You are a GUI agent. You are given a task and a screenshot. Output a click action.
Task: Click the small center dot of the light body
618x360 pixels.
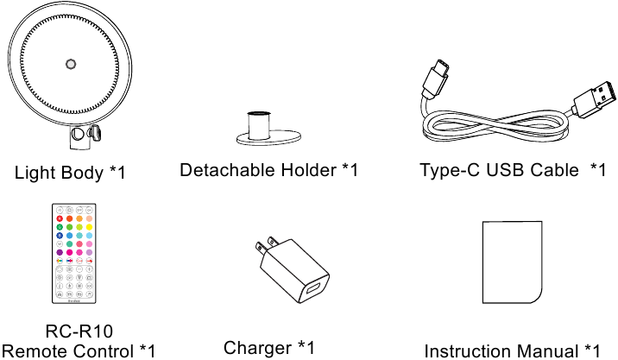[x=71, y=64]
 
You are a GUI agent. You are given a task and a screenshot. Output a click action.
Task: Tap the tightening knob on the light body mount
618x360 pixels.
[x=95, y=133]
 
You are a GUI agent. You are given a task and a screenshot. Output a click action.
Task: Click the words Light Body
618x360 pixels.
[x=59, y=173]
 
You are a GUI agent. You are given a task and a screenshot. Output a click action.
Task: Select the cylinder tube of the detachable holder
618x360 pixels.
[x=259, y=125]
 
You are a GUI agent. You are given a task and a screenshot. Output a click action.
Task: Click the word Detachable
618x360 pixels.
[x=228, y=170]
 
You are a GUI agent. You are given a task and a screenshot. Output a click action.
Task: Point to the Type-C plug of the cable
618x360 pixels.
[x=436, y=79]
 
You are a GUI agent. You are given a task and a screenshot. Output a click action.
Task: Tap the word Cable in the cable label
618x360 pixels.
[x=554, y=170]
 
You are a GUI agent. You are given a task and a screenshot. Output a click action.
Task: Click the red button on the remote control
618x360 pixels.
[x=60, y=218]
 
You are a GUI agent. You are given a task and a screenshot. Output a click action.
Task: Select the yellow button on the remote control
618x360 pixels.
[x=90, y=227]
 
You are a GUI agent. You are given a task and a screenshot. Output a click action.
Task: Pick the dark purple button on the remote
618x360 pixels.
[x=60, y=252]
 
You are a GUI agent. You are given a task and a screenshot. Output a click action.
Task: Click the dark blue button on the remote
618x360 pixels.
[x=60, y=236]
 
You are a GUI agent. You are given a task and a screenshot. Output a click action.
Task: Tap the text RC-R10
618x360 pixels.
[x=79, y=332]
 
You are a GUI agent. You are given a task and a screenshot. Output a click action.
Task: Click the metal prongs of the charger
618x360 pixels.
[x=265, y=245]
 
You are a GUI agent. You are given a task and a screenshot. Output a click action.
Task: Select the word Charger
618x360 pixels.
[x=257, y=348]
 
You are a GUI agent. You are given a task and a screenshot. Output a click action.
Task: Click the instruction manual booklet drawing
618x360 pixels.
[x=513, y=262]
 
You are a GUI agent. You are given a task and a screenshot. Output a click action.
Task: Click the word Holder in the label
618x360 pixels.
[x=309, y=170]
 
